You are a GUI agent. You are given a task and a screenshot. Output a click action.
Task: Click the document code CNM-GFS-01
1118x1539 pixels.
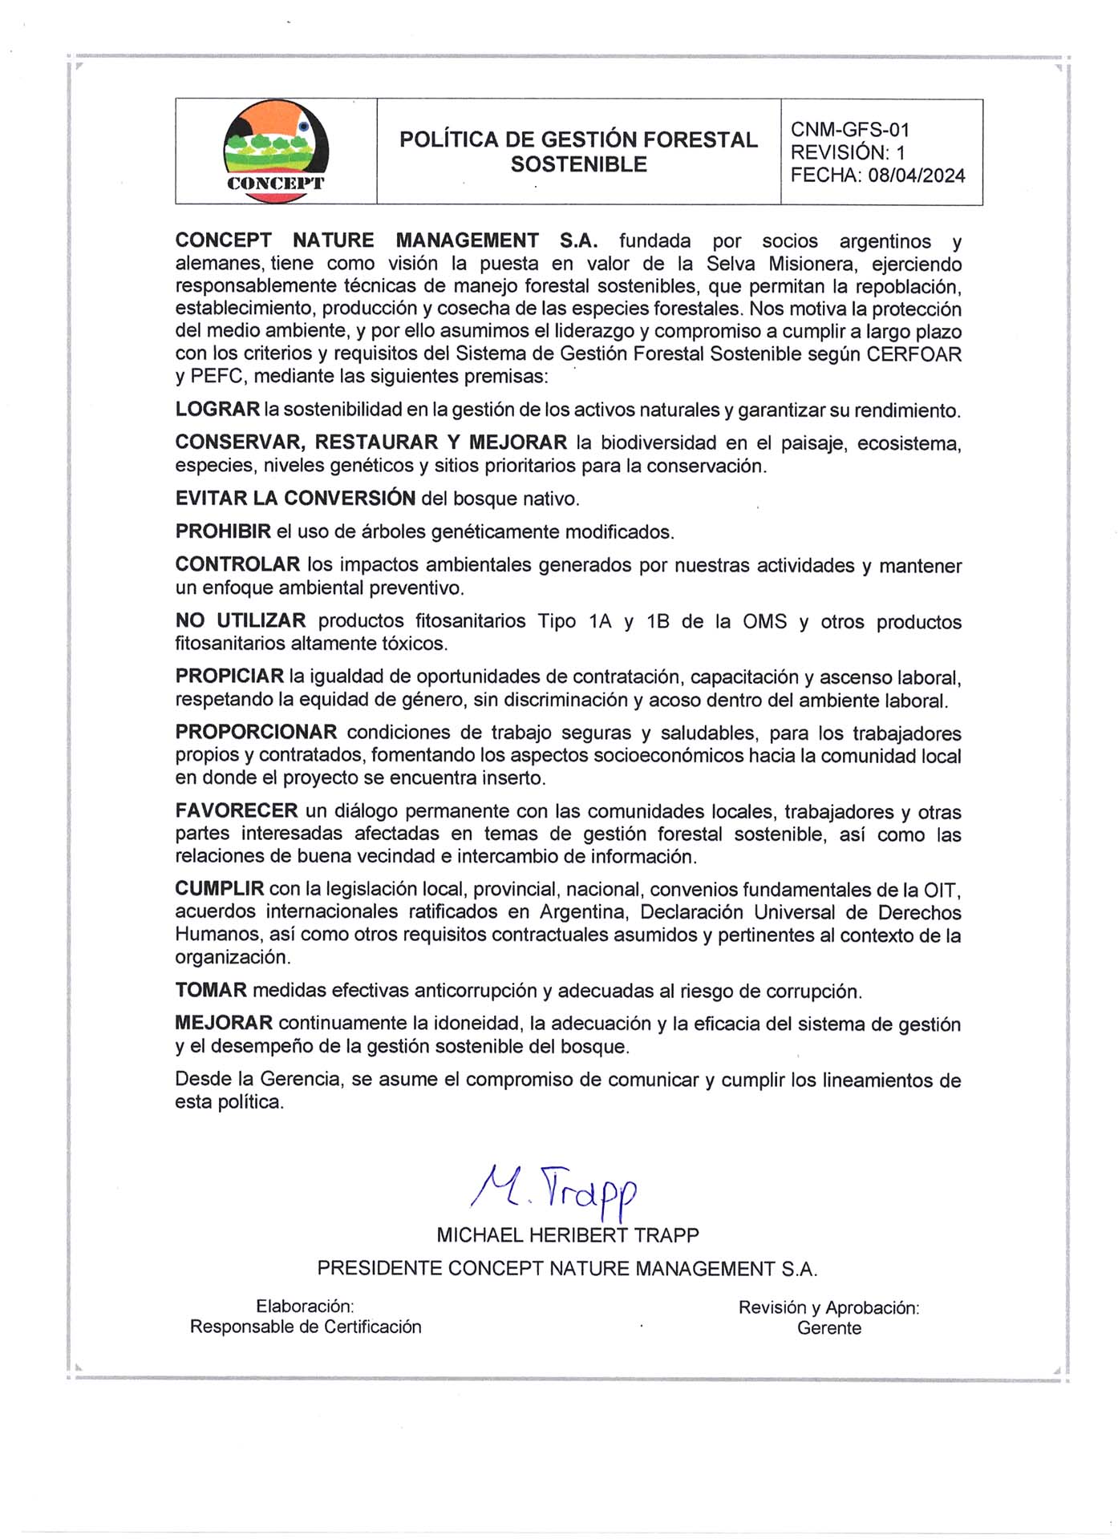click(x=849, y=130)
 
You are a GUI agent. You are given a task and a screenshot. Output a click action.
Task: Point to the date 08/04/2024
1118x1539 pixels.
click(x=916, y=176)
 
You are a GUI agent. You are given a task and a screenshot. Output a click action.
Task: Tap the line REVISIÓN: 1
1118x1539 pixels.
click(x=847, y=152)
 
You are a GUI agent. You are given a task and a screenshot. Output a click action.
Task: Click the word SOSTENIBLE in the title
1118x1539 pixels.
click(x=578, y=164)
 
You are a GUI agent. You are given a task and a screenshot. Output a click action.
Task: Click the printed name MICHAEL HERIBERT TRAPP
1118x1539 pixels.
click(x=567, y=1235)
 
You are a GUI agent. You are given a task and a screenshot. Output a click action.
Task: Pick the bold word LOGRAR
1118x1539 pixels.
click(x=217, y=410)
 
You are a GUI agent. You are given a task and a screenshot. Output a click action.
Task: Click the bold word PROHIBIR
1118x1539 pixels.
click(x=223, y=531)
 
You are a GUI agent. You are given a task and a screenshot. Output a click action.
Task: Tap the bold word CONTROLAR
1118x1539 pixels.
click(x=237, y=564)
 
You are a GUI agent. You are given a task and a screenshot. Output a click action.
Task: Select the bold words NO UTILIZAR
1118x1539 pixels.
click(x=241, y=620)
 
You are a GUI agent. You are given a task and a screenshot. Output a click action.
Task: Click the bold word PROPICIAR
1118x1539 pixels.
click(x=229, y=677)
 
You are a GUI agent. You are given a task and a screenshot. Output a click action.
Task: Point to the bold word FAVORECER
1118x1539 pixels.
click(x=237, y=811)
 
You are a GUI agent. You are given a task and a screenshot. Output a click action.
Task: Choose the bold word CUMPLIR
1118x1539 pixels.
click(x=220, y=889)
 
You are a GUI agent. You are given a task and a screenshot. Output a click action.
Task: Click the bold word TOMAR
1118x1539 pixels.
click(x=211, y=990)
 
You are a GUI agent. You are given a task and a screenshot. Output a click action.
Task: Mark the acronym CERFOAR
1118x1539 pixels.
click(x=913, y=354)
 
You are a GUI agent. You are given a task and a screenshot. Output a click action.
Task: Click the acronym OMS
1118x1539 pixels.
click(x=764, y=621)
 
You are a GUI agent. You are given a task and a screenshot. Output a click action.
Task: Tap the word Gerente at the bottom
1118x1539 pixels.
click(x=828, y=1328)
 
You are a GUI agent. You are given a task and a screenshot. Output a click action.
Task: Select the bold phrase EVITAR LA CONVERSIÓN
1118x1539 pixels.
click(x=295, y=498)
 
